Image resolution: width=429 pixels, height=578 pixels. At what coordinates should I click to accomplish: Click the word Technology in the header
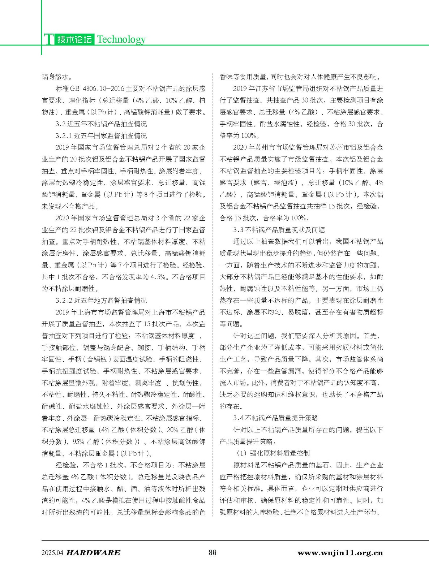(121, 39)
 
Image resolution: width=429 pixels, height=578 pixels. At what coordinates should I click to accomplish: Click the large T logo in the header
(48, 39)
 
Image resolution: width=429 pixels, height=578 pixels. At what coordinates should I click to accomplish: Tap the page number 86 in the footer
(213, 552)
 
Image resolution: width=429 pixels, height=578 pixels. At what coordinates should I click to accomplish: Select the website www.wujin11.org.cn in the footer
(340, 553)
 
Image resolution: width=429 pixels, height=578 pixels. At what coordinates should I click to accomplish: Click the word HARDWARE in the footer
(94, 553)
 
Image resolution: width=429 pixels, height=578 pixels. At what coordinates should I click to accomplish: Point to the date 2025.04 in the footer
(52, 553)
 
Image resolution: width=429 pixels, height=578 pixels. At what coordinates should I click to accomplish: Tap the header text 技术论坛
(74, 39)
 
